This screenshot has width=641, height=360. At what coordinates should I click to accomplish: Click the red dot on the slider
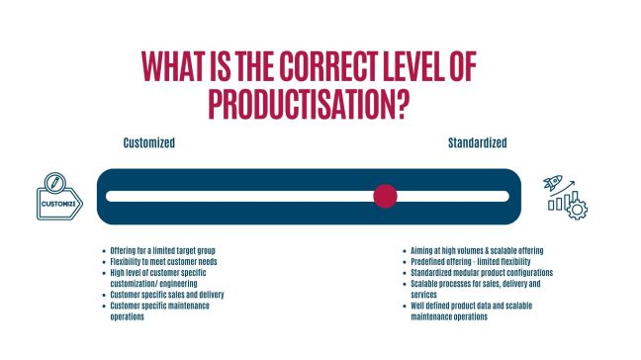point(385,196)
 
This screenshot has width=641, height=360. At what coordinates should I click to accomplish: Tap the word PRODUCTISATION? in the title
point(309,102)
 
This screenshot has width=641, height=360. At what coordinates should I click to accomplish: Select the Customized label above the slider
point(148,143)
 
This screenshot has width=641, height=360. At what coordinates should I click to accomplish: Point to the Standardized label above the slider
point(478,143)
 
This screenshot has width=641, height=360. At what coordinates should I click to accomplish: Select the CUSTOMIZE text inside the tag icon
point(58,205)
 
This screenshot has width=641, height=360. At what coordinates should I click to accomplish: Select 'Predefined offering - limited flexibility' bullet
point(474,261)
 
